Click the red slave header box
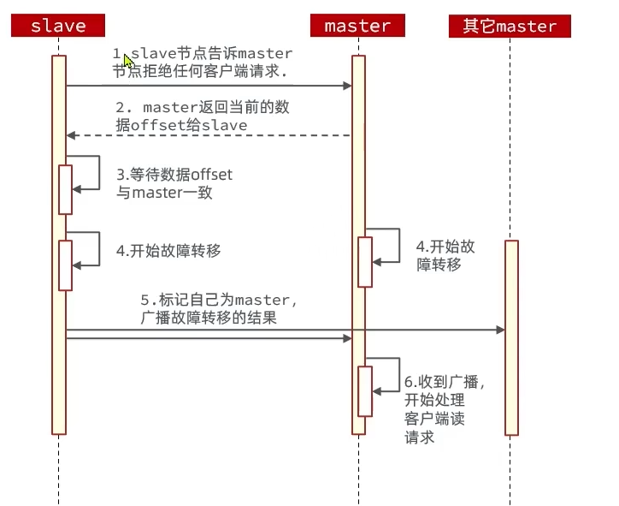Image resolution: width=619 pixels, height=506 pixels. point(58,26)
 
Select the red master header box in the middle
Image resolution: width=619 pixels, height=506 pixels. point(358,26)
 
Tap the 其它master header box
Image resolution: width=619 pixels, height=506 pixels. point(510,26)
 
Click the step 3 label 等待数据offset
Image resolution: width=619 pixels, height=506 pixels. point(174,183)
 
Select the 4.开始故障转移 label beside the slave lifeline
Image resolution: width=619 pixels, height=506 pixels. point(169,251)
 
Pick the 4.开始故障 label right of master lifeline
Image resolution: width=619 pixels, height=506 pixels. point(445,255)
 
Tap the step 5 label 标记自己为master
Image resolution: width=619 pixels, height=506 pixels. point(218,309)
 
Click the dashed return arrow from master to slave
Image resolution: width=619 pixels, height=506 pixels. point(209,135)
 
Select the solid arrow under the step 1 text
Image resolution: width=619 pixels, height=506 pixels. point(209,86)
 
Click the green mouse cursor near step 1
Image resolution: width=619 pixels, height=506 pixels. point(128,58)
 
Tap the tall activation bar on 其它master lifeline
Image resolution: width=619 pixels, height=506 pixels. point(511,337)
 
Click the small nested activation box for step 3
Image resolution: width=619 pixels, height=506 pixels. point(65,189)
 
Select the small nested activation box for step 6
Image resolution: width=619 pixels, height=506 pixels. point(365,391)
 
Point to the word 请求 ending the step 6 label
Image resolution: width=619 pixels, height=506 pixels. point(420,437)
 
